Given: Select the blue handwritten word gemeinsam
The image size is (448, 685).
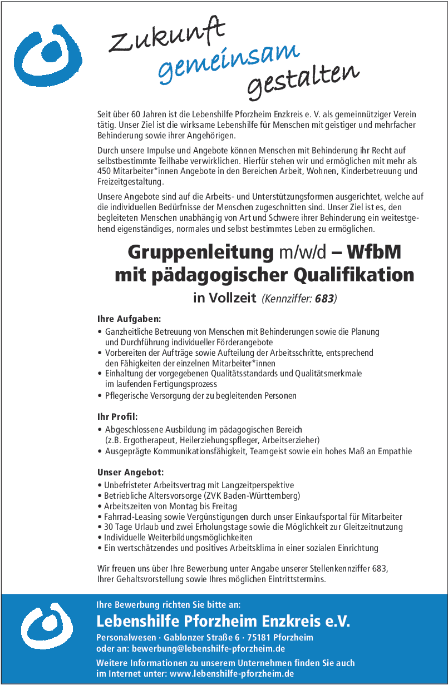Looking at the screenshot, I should pyautogui.click(x=229, y=61).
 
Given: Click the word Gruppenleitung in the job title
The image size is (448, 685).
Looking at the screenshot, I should pyautogui.click(x=200, y=252).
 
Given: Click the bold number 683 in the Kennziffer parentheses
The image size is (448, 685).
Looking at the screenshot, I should pyautogui.click(x=324, y=299).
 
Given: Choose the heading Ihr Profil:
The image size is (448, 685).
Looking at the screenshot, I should pyautogui.click(x=117, y=416).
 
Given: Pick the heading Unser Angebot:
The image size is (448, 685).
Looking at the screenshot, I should pyautogui.click(x=131, y=472).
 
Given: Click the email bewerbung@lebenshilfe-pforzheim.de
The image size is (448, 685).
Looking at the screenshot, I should pyautogui.click(x=209, y=648).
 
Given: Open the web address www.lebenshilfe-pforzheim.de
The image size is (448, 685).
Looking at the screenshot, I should pyautogui.click(x=232, y=673).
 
